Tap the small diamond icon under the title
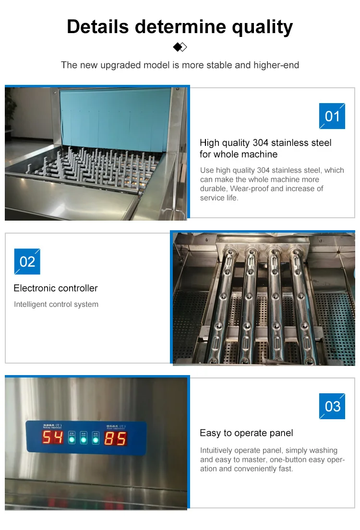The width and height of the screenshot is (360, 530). coord(180,47)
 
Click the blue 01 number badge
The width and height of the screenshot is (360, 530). coord(332,116)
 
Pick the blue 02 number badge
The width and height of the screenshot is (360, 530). coord(27,261)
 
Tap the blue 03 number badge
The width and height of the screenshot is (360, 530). coord(332,406)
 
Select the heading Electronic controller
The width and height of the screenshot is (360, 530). coord(56,288)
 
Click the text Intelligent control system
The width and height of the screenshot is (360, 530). coord(56,304)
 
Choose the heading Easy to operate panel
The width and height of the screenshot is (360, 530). coord(246,433)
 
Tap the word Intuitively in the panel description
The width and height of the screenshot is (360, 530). coord(216,450)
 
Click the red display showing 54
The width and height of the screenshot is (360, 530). coord(52,437)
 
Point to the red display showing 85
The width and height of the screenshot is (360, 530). coord(115,438)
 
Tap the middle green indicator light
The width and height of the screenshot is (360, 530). coord(84,439)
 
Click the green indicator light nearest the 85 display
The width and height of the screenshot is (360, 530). coord(96,439)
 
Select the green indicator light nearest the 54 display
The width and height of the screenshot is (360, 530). coord(72,439)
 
